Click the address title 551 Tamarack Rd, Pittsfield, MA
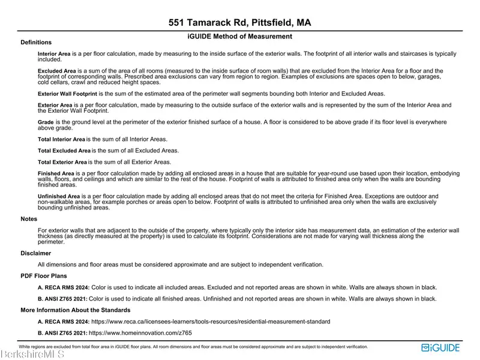tap(240, 23)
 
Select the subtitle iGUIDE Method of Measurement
tap(240, 36)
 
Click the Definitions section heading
tap(36, 43)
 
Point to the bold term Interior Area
tap(54, 54)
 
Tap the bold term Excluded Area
tap(56, 71)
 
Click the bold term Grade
tap(46, 122)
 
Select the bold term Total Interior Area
tap(61, 139)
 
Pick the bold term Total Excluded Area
tap(64, 150)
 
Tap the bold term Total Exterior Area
tap(62, 162)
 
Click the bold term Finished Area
tap(55, 173)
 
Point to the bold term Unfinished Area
tap(59, 196)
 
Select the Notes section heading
tap(29, 219)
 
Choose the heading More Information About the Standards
tap(76, 310)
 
